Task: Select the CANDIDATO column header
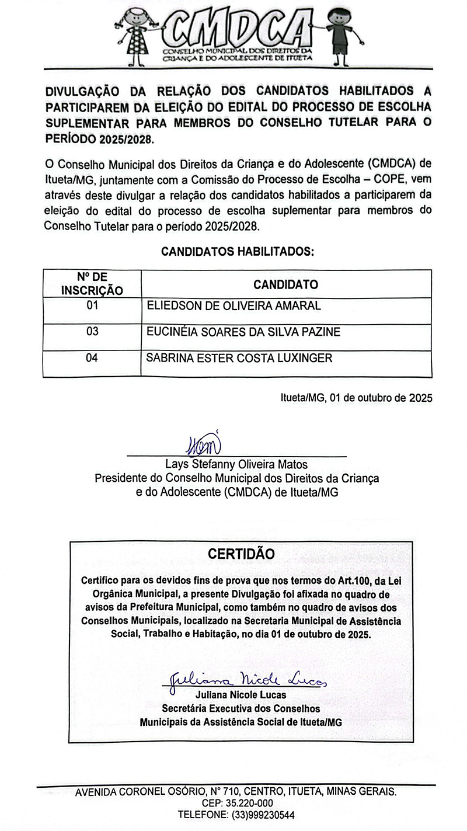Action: click(x=285, y=284)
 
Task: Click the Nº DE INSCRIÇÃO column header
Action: click(x=92, y=284)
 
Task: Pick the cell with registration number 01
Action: click(x=92, y=305)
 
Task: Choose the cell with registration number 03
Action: click(x=92, y=332)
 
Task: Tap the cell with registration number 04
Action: click(x=92, y=358)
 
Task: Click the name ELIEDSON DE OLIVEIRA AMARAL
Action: click(x=233, y=305)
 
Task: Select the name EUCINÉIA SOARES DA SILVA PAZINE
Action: click(x=243, y=332)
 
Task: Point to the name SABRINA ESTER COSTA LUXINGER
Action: click(x=239, y=358)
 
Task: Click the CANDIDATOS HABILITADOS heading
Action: click(x=237, y=252)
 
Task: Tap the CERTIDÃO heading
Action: click(x=241, y=554)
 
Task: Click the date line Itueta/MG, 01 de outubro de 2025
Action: click(x=357, y=398)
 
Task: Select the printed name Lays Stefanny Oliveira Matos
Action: click(x=236, y=465)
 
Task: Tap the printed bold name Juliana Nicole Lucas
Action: click(x=241, y=695)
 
